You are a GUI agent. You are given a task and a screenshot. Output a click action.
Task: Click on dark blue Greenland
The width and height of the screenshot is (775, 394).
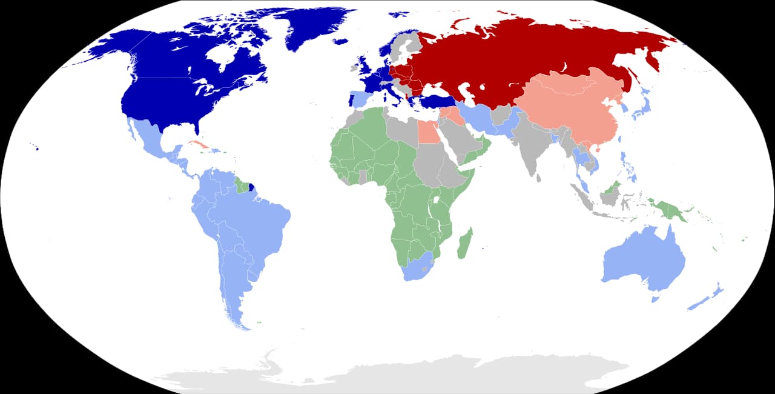click(315, 27)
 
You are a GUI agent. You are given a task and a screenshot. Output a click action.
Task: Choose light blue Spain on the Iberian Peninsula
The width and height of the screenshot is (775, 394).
click(361, 99)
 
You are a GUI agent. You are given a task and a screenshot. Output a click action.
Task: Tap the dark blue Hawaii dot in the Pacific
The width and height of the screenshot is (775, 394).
click(37, 148)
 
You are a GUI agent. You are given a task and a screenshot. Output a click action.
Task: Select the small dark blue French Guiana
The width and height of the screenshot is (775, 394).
click(251, 187)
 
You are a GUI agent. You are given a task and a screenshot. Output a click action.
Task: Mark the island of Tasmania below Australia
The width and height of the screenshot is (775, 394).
click(655, 299)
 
